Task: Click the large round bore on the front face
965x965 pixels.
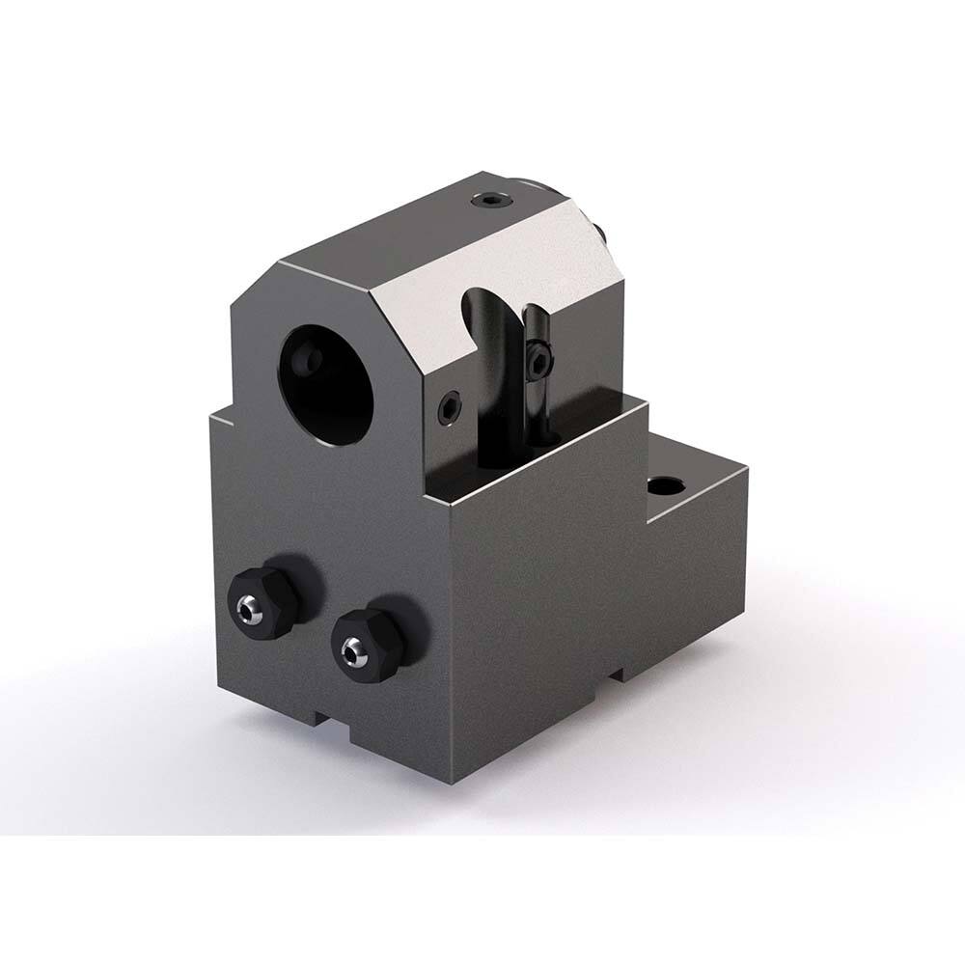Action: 326,378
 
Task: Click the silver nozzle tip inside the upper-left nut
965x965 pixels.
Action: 249,605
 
